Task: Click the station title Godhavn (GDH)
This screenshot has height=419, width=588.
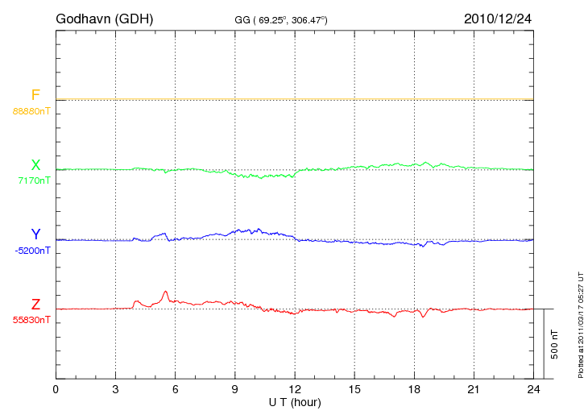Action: pyautogui.click(x=104, y=18)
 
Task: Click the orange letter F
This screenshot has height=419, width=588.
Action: pyautogui.click(x=35, y=95)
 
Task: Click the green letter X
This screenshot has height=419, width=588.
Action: pyautogui.click(x=35, y=165)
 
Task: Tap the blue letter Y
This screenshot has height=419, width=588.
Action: pyautogui.click(x=35, y=234)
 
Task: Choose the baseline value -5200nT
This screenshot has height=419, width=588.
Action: pyautogui.click(x=32, y=251)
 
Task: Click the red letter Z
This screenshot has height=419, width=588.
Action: pyautogui.click(x=35, y=305)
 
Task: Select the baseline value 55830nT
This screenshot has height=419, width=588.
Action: pyautogui.click(x=31, y=320)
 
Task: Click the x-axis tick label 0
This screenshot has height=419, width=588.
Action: pyautogui.click(x=56, y=390)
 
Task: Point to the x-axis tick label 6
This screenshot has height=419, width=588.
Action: pyautogui.click(x=176, y=390)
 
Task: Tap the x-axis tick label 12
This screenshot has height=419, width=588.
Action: pyautogui.click(x=295, y=390)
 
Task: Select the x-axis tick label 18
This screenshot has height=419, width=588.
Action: pyautogui.click(x=415, y=390)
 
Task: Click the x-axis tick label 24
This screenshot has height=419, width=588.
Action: pyautogui.click(x=534, y=390)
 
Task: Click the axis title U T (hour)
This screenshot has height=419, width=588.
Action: pyautogui.click(x=295, y=402)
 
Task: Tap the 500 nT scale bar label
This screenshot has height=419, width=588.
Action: pyautogui.click(x=554, y=344)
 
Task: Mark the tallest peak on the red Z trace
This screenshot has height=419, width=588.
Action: pyautogui.click(x=165, y=292)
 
